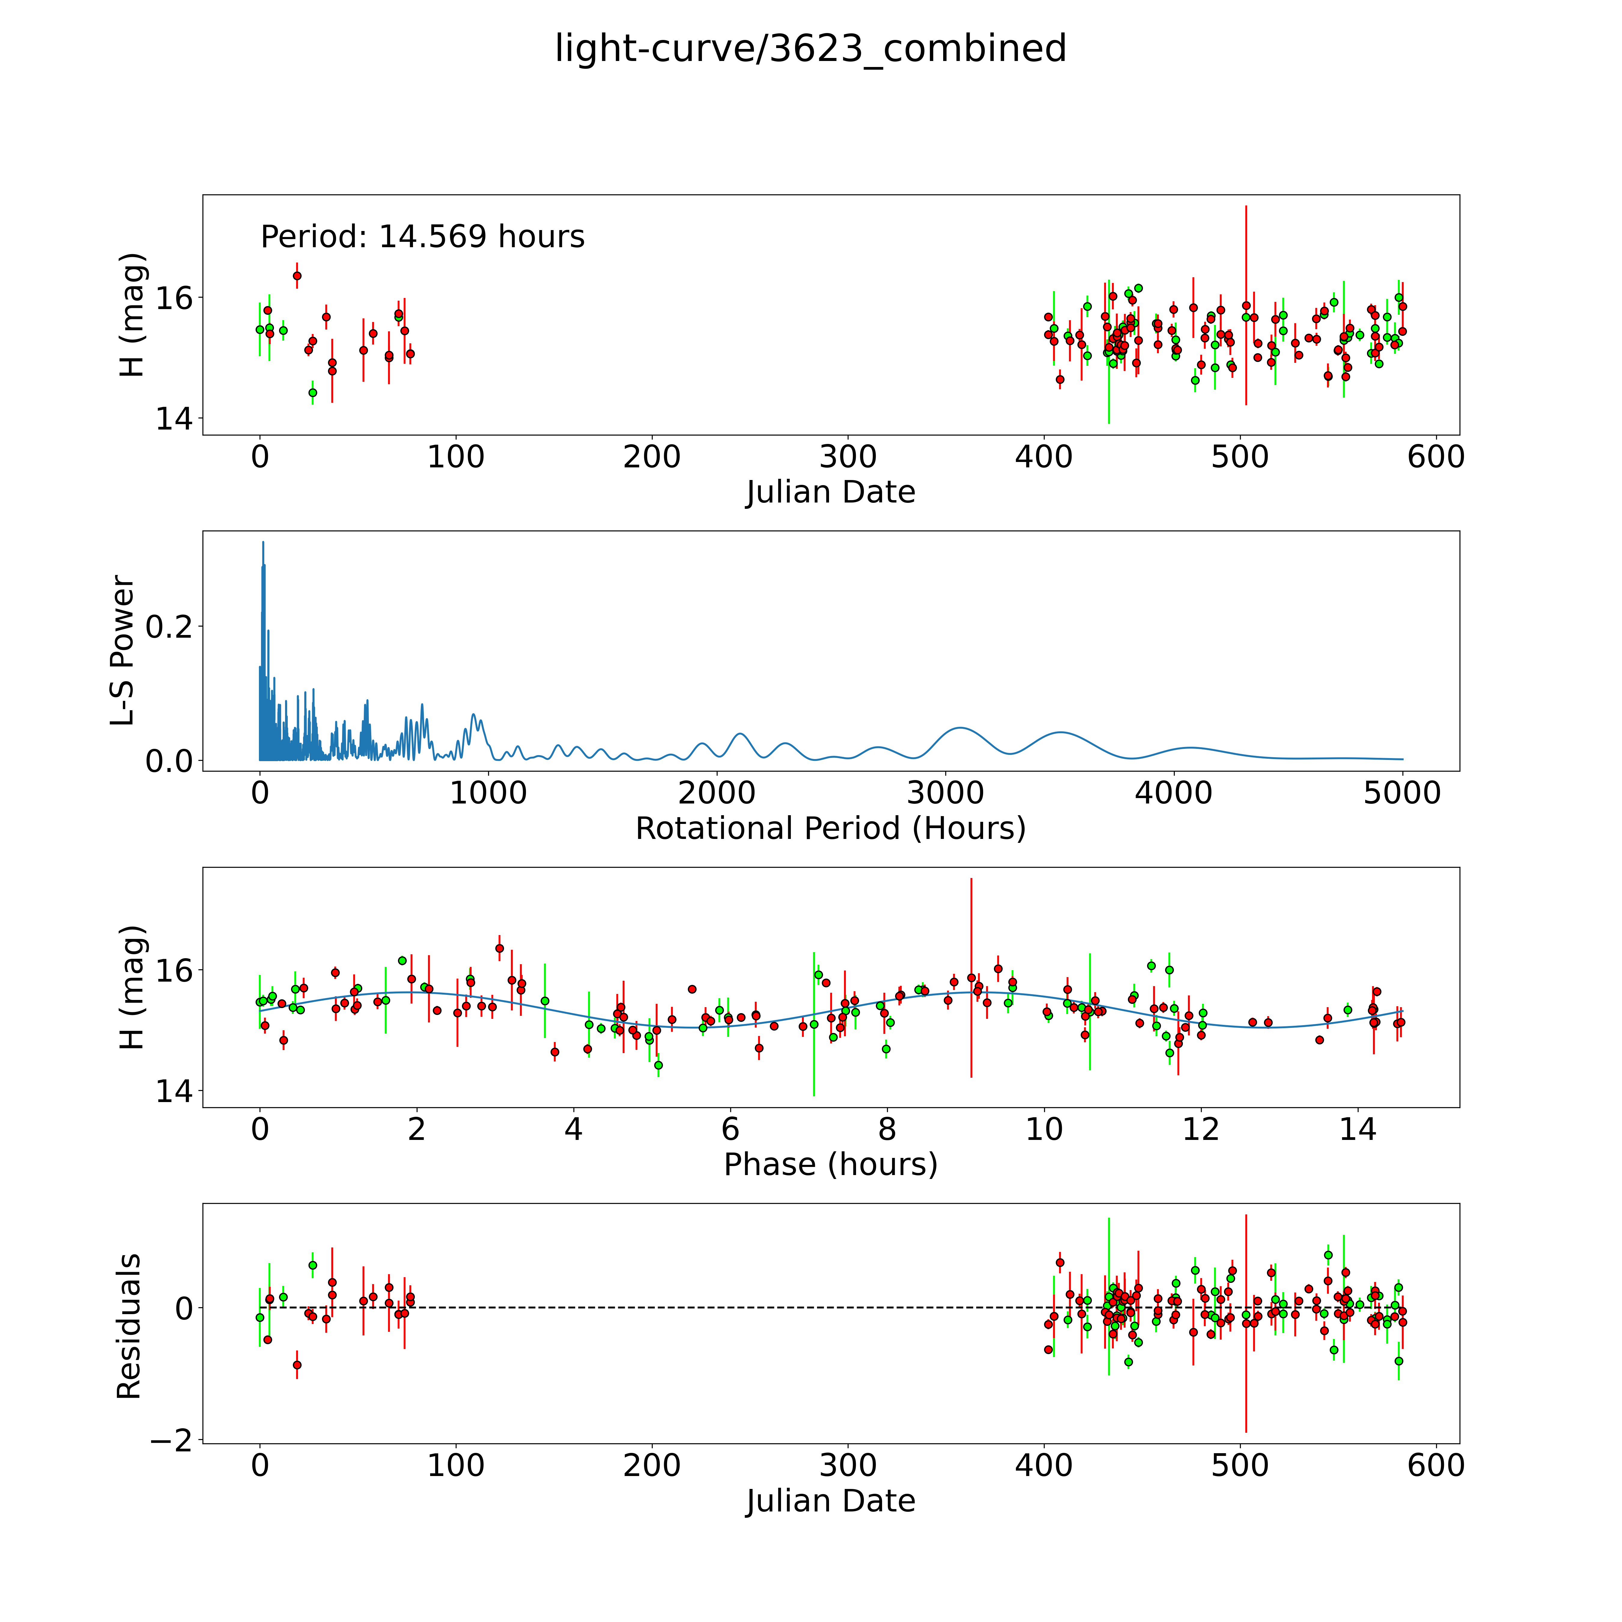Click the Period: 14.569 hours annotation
[x=422, y=237]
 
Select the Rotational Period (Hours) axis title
[x=830, y=829]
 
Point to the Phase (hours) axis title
[x=830, y=1165]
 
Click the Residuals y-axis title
[x=129, y=1326]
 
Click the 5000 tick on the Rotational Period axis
[x=1402, y=793]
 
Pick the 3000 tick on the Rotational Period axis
[x=945, y=793]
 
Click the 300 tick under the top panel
[x=848, y=457]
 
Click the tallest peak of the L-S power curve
[x=263, y=542]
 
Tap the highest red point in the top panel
[x=297, y=275]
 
